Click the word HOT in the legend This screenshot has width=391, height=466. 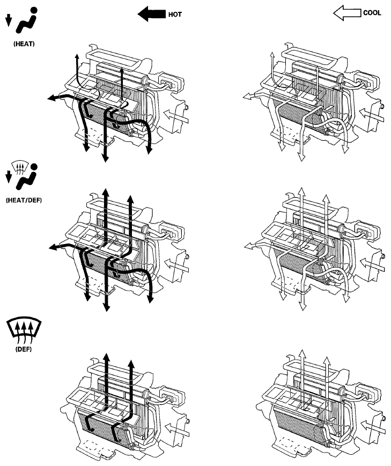click(175, 15)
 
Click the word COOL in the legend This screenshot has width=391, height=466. click(372, 14)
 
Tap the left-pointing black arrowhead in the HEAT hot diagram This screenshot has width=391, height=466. click(51, 98)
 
